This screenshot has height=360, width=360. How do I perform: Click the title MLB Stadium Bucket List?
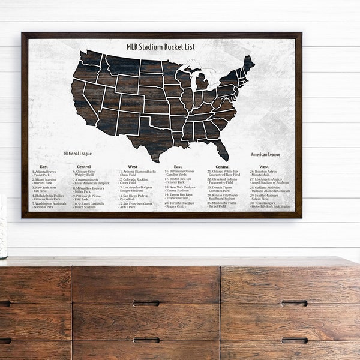160,47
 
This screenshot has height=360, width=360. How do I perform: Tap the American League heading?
266,154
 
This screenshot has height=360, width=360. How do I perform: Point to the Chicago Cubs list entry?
88,173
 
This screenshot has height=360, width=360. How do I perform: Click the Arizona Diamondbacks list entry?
137,173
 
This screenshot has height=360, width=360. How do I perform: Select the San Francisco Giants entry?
135,205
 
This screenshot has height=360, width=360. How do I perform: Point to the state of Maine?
248,65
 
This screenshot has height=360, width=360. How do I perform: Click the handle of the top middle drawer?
146,303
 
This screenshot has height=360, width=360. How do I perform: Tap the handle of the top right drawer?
294,303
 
